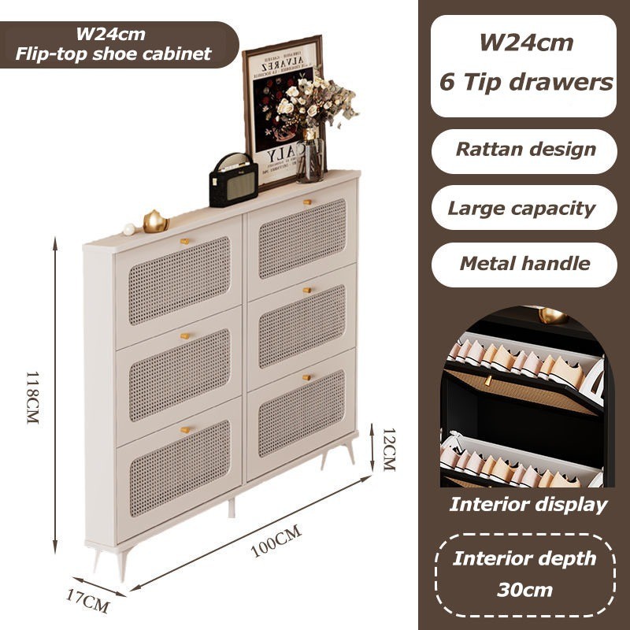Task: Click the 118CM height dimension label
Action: (32, 398)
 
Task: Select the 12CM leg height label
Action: (387, 450)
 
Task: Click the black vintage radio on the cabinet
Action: (233, 180)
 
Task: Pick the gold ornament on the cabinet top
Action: (155, 222)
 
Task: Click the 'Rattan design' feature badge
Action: (525, 150)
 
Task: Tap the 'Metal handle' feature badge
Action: (524, 263)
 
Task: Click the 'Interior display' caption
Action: (528, 504)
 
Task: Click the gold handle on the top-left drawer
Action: (185, 240)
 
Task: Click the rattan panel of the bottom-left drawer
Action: (179, 468)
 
